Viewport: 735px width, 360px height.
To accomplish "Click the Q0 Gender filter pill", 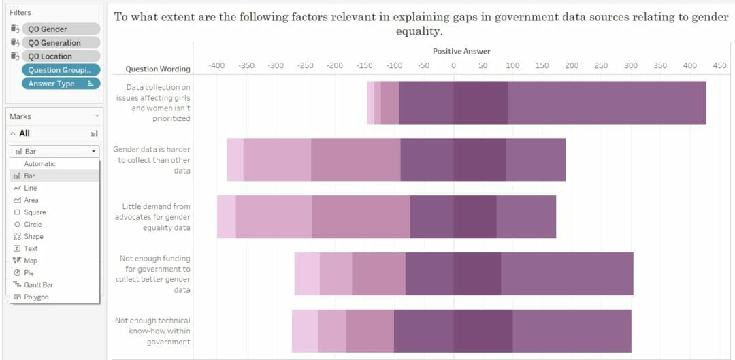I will pos(61,29).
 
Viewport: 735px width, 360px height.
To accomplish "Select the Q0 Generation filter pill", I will pos(61,43).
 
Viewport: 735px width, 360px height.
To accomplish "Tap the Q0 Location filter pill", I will pos(61,56).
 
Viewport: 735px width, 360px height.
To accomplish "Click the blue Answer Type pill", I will pos(61,84).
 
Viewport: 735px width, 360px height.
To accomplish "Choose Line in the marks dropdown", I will pos(31,188).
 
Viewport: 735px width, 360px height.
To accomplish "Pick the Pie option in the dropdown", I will pos(29,273).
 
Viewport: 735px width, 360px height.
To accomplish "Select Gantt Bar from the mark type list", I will pos(38,285).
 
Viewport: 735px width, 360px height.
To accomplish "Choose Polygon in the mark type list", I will pos(36,297).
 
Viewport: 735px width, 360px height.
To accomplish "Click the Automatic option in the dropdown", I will pos(40,164).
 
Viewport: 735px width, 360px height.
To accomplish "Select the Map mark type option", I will pos(31,261).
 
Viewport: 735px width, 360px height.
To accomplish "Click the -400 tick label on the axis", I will pos(216,65).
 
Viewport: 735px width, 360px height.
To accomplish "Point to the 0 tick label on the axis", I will pos(453,65).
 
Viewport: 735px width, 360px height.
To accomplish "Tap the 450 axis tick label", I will pos(719,65).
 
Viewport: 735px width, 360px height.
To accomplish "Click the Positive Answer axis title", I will pos(461,52).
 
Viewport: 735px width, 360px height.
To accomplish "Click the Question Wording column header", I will pos(158,69).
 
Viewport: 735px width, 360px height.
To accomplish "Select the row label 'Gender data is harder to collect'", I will pos(152,160).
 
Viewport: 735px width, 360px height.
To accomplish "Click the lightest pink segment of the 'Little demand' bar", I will pos(227,216).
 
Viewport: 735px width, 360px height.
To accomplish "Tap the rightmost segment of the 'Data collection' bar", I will pos(606,103).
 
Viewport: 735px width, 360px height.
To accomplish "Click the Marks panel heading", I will pos(20,116).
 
